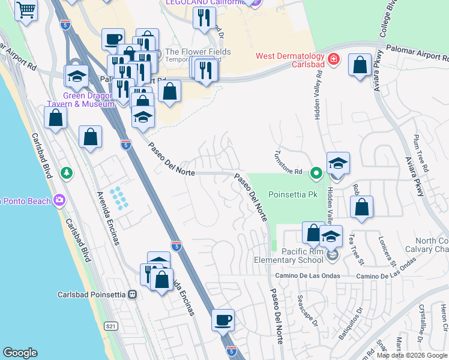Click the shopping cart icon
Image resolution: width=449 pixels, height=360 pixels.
[x=26, y=10]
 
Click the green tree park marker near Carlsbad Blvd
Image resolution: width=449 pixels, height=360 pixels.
[x=67, y=173]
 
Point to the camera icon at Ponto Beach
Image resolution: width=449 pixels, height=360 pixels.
[x=59, y=200]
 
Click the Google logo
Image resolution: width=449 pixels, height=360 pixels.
[x=20, y=353]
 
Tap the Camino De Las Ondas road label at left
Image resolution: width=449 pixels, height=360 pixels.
[x=307, y=276]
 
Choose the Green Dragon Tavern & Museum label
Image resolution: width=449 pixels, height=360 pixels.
[x=89, y=100]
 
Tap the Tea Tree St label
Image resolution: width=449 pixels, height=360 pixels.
[x=357, y=248]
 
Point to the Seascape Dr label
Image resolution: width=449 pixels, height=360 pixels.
[x=306, y=311]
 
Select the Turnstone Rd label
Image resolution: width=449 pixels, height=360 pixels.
[x=288, y=163]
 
